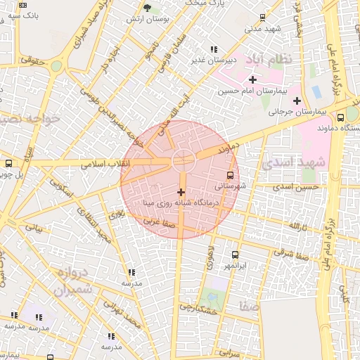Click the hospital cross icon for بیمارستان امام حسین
(x=252, y=79)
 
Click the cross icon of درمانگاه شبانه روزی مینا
(x=181, y=191)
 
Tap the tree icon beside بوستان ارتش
(x=147, y=8)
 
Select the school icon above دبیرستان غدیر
(x=213, y=49)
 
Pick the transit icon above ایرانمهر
(x=234, y=255)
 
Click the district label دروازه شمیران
(x=72, y=282)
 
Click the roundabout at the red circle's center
(x=184, y=160)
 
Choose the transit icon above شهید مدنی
(x=262, y=18)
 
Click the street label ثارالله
(x=296, y=226)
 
